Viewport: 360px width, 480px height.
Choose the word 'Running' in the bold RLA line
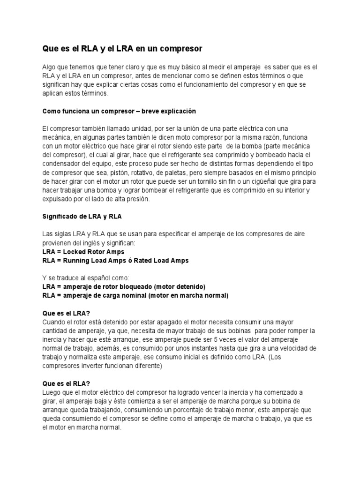(x=81, y=261)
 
